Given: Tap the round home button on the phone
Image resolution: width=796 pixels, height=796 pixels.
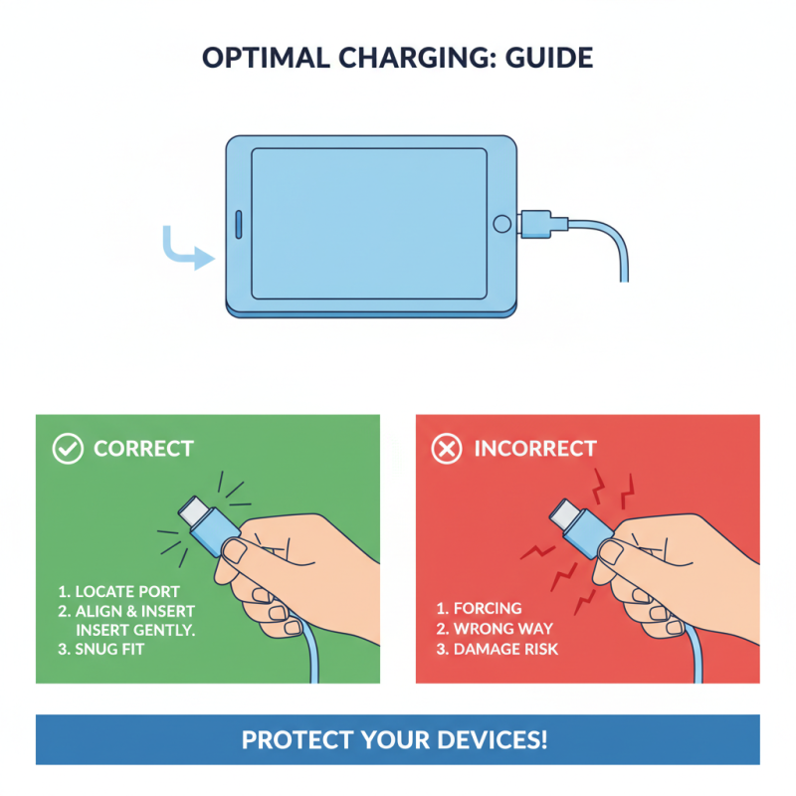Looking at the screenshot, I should point(502,224).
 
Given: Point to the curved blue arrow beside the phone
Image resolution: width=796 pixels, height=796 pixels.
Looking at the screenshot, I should point(186,249).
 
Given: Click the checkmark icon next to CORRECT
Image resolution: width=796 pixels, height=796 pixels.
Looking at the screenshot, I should point(68,449).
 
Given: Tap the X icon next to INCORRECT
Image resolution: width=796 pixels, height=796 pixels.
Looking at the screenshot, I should point(447,449).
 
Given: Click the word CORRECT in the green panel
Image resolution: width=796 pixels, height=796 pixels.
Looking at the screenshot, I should point(143,449).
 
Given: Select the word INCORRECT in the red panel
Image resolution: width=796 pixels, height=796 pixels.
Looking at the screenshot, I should point(535,449).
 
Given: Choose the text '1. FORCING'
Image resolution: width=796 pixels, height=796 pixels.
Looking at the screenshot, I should point(479,608).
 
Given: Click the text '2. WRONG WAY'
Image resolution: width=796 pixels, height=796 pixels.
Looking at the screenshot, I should point(494,628).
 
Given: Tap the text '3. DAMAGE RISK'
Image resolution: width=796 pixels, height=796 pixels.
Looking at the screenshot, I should point(497,649).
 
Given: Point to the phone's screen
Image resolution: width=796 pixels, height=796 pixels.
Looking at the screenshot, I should point(369,224).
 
